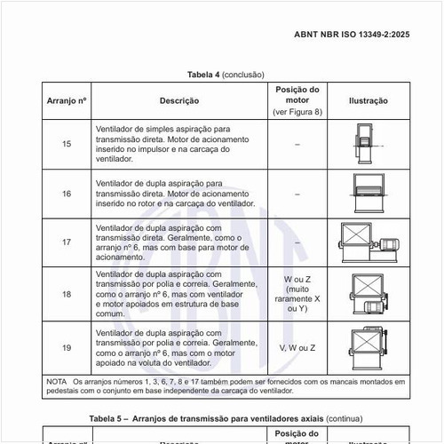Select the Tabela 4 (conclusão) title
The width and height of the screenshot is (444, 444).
(226, 75)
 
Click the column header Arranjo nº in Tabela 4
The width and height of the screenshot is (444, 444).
(67, 100)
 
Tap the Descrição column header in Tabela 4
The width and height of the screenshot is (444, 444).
(178, 100)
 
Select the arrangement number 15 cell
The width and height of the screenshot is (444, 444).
(67, 144)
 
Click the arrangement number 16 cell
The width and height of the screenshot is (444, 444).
(67, 193)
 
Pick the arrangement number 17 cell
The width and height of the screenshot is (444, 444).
(67, 242)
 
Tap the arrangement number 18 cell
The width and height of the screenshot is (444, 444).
(67, 293)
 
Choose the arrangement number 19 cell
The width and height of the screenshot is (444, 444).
(67, 346)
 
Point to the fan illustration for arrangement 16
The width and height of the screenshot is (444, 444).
(363, 193)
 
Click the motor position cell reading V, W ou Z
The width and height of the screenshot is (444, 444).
(297, 347)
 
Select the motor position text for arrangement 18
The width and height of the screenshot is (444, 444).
(297, 293)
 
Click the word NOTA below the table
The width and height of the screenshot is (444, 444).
(56, 381)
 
